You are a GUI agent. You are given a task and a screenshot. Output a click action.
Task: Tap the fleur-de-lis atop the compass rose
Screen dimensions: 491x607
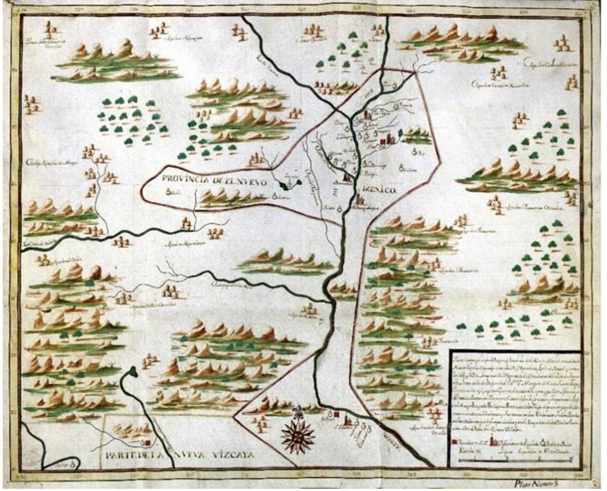[x=298, y=412]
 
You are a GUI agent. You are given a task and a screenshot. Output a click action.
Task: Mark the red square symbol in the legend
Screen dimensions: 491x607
[x=454, y=441]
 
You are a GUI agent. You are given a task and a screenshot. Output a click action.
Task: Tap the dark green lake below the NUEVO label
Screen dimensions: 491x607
[x=288, y=187]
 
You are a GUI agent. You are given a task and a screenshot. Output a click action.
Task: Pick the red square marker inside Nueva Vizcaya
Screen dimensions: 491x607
[x=149, y=443]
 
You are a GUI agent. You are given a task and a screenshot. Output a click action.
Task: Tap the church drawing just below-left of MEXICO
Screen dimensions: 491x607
[x=359, y=201]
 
